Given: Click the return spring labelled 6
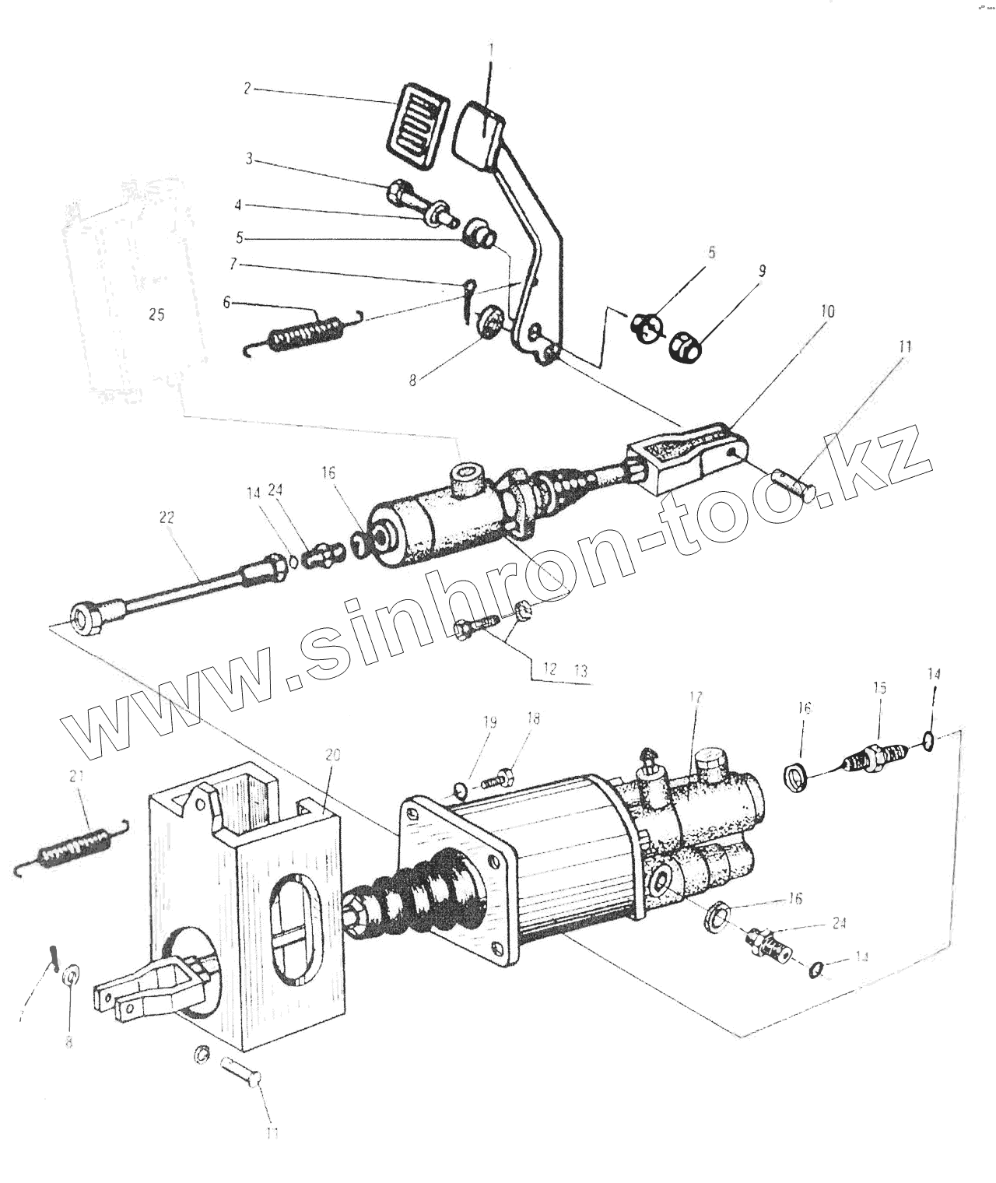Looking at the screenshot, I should pos(303,333).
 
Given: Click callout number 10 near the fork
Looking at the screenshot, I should pos(827,312).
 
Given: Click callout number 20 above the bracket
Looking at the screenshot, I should pos(333,754).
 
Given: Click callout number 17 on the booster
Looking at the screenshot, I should pos(696,697).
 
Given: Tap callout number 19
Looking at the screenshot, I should pos(489,722).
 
